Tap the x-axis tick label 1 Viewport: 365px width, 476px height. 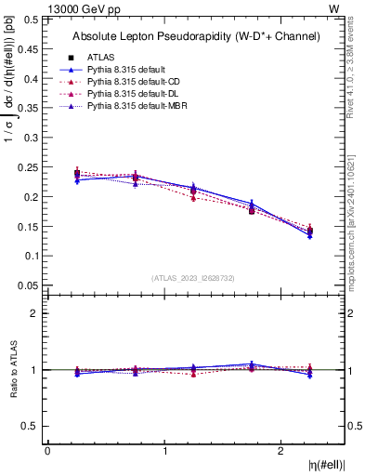(x=165, y=452)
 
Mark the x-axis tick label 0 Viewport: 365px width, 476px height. (x=47, y=452)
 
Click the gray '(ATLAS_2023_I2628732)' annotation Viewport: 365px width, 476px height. (x=193, y=278)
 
